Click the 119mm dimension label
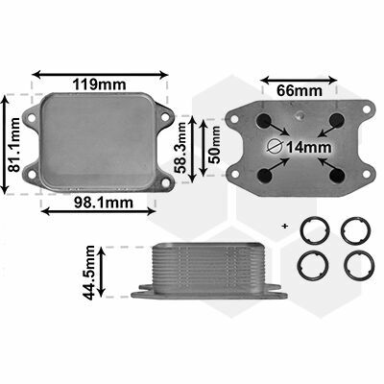click(x=99, y=84)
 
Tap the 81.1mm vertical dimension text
click(x=14, y=145)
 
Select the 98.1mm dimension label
click(x=104, y=203)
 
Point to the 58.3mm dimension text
click(x=181, y=148)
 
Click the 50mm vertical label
click(x=215, y=145)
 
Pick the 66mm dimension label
click(x=300, y=90)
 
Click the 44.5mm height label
click(x=88, y=273)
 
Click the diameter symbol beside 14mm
click(x=275, y=147)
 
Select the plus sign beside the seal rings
click(x=285, y=227)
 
